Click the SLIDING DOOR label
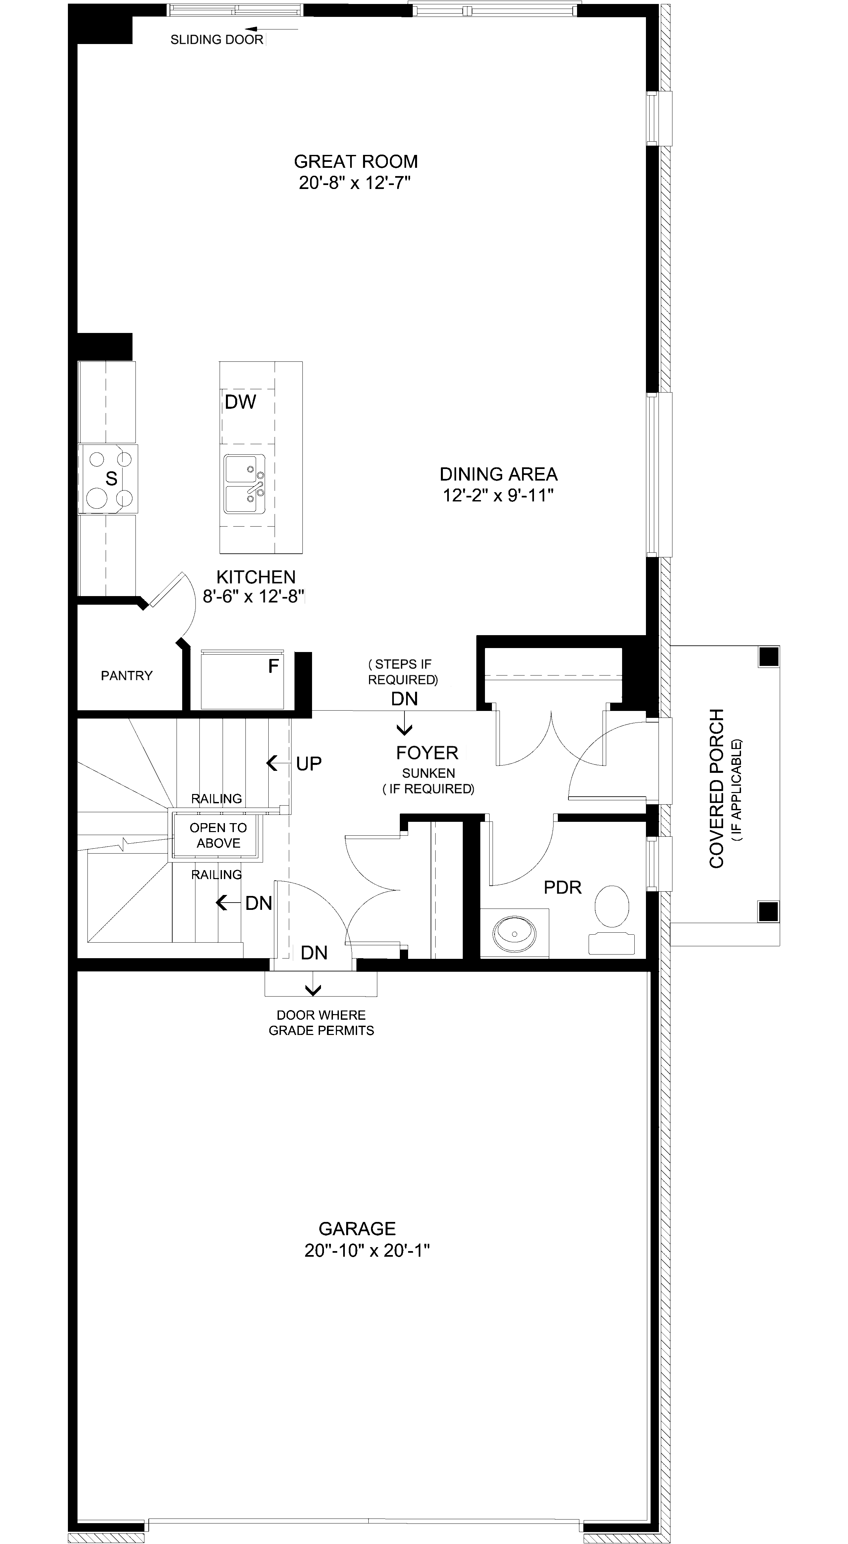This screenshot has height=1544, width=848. [x=217, y=40]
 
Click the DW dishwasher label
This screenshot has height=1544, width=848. [x=240, y=402]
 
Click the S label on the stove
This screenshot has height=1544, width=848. [x=111, y=478]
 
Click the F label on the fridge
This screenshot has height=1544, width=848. [x=274, y=666]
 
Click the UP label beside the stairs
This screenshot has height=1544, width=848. [x=309, y=764]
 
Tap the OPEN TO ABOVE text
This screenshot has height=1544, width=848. [x=218, y=835]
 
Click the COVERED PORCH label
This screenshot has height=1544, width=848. [x=717, y=788]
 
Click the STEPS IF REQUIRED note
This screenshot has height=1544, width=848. [x=403, y=672]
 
